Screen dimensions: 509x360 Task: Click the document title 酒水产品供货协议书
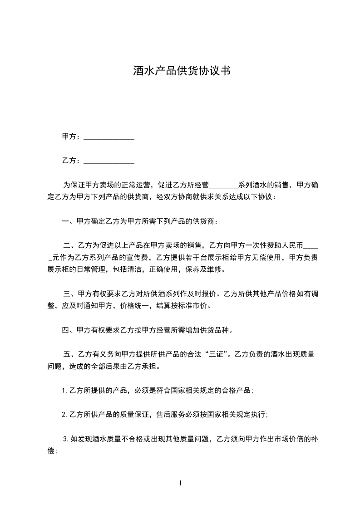[180, 71]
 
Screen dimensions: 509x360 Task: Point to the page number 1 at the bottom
[180, 483]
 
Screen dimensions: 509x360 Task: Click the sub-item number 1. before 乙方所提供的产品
[64, 390]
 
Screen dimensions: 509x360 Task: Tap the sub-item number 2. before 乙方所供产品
[64, 415]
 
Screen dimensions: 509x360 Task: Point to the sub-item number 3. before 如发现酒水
[66, 439]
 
